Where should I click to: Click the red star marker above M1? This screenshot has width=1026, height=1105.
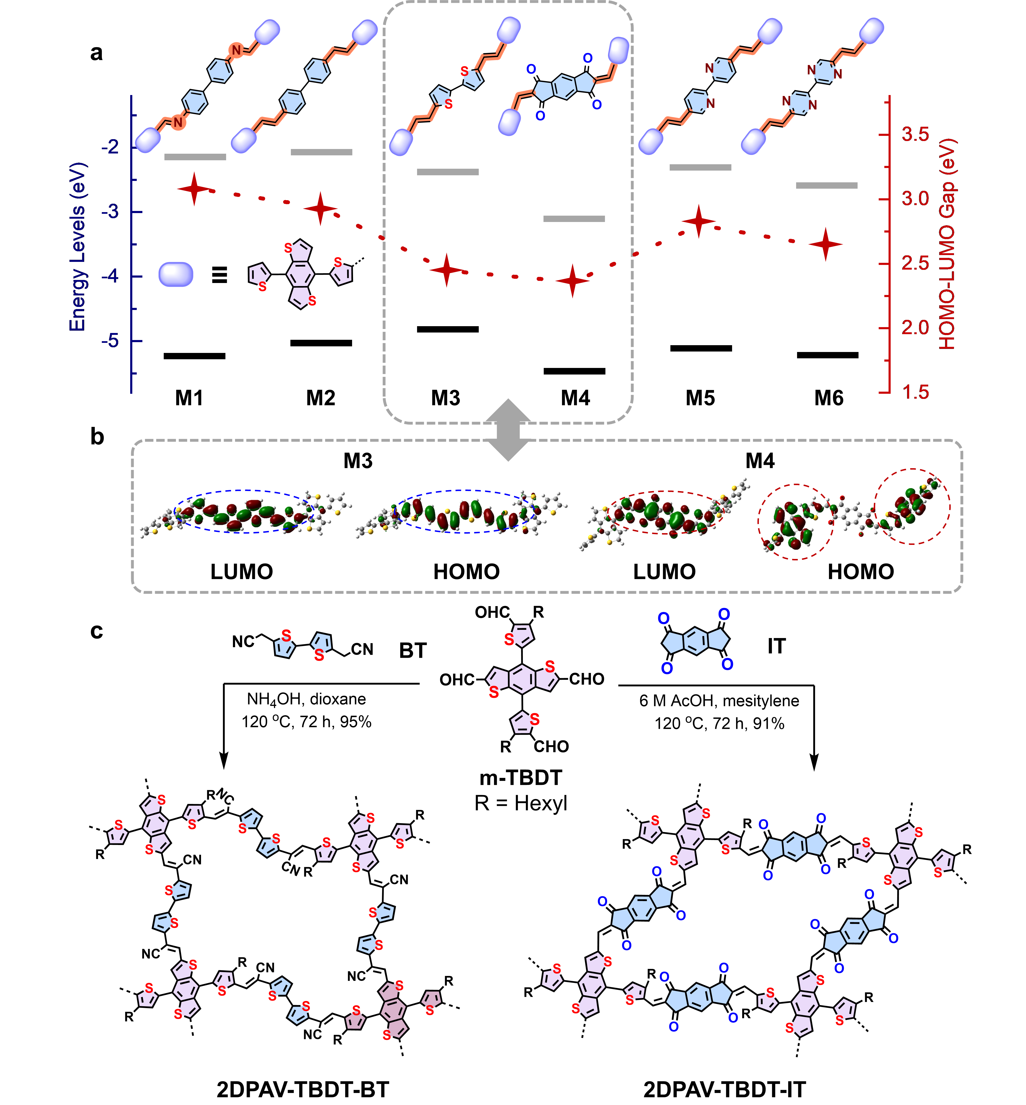(x=194, y=189)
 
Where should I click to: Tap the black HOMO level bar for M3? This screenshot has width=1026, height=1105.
(x=448, y=329)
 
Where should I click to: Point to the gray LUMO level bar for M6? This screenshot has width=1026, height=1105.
(x=827, y=185)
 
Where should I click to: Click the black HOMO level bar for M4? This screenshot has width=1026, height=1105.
(x=574, y=371)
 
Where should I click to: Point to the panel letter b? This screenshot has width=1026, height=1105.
(x=97, y=437)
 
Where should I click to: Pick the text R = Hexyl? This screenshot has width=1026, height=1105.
(x=521, y=803)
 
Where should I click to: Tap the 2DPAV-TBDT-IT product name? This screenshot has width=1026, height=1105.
(x=725, y=1090)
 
